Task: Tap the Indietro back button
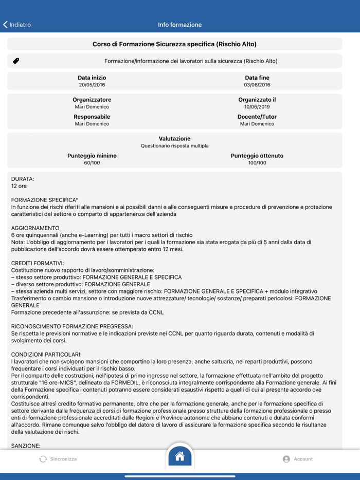click(17, 25)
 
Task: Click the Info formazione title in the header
click(179, 25)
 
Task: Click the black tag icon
click(16, 61)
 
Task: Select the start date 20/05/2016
click(92, 85)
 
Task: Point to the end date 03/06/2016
click(257, 85)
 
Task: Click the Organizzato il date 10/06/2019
click(257, 107)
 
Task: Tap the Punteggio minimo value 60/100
click(92, 163)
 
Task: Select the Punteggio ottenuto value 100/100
click(257, 163)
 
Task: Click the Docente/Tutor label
click(257, 117)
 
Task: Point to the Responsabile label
click(92, 117)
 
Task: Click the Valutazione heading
click(175, 139)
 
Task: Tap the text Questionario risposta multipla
click(175, 146)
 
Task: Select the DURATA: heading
click(23, 179)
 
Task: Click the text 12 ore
click(19, 186)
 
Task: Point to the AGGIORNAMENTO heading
click(35, 228)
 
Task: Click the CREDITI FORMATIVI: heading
click(38, 263)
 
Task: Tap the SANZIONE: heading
click(26, 446)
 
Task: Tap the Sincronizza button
click(58, 459)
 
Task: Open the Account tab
click(298, 459)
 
